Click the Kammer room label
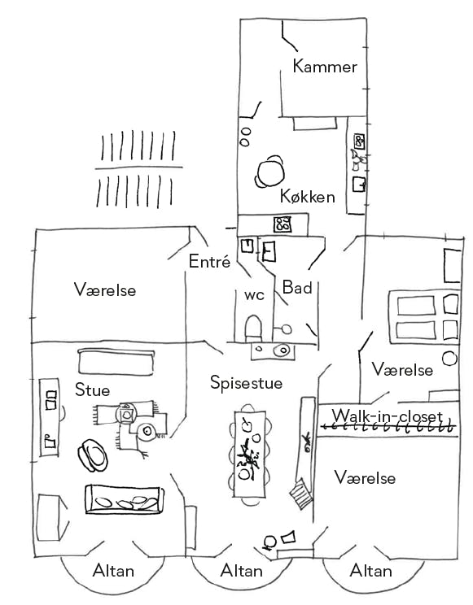click(325, 67)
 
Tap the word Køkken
click(307, 197)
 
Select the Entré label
click(209, 262)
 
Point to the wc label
click(254, 295)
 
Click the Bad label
click(297, 287)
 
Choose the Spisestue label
click(246, 383)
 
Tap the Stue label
click(92, 390)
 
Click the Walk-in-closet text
click(388, 416)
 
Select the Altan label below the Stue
click(114, 571)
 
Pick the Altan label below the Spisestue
click(242, 571)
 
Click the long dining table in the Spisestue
click(250, 454)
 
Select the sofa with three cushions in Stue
click(125, 499)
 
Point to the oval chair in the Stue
click(93, 455)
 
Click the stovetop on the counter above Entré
click(282, 224)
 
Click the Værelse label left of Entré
click(105, 289)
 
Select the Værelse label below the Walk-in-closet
click(366, 478)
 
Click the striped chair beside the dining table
click(301, 494)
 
